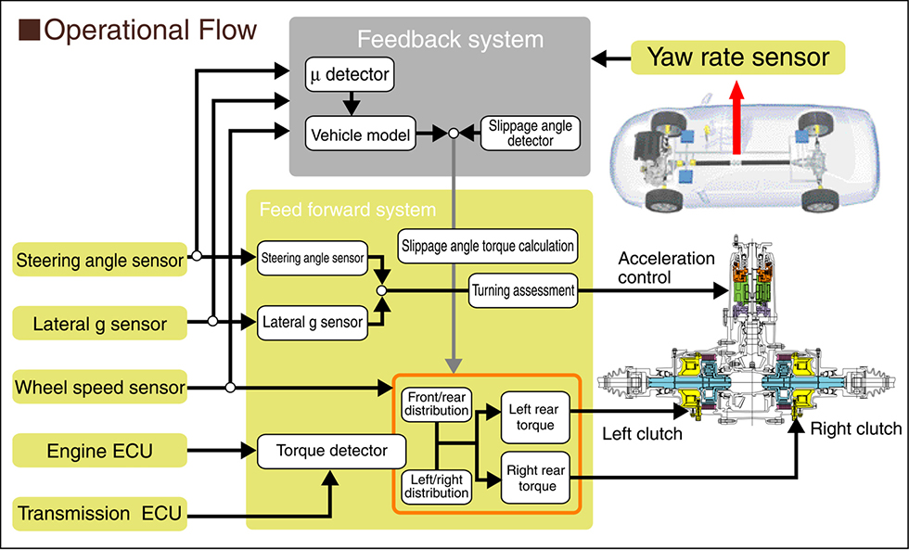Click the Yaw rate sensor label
click(738, 58)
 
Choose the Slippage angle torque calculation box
click(488, 248)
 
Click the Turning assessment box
click(523, 290)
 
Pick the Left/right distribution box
click(437, 487)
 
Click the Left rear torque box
click(531, 417)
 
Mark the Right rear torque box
click(531, 478)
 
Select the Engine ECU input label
click(100, 452)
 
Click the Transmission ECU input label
click(100, 513)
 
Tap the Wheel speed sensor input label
click(100, 387)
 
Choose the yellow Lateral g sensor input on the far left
click(100, 324)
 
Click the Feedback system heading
click(440, 40)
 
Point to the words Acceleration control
click(666, 267)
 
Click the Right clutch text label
click(855, 428)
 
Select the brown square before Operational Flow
click(29, 31)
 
